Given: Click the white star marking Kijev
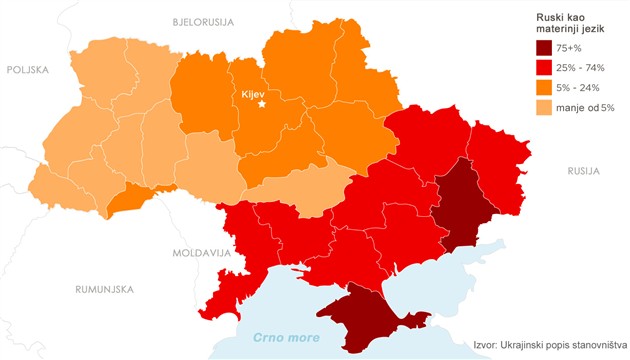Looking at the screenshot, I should pos(263,104).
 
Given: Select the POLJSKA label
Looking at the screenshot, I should pos(29,70).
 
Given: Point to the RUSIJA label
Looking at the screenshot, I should pos(583,171).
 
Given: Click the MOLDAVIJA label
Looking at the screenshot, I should pos(200,253).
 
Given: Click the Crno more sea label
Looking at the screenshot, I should pos(286,337).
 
